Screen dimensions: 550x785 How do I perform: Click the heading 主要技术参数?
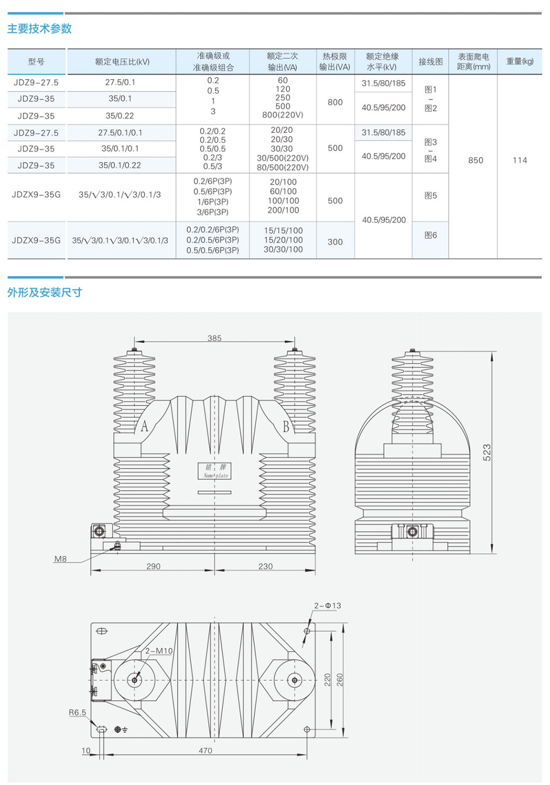click(39, 29)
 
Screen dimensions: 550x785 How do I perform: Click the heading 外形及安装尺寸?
click(45, 292)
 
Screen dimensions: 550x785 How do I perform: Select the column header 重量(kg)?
click(520, 62)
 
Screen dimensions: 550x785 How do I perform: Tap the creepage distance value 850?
click(476, 160)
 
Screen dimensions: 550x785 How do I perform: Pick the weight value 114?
click(520, 160)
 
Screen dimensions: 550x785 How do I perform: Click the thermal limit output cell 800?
click(335, 102)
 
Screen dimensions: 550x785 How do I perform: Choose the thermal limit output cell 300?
click(335, 242)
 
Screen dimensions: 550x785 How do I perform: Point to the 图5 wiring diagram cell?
click(431, 196)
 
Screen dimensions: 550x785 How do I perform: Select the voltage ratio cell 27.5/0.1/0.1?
click(120, 132)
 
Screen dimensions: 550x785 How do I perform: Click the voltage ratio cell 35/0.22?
click(119, 116)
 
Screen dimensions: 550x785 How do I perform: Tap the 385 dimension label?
click(215, 338)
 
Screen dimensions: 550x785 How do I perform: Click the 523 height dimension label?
click(487, 453)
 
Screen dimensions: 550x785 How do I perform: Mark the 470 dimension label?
click(205, 750)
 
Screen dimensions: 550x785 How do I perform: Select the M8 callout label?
click(60, 559)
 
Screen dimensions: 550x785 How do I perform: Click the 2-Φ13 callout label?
click(327, 605)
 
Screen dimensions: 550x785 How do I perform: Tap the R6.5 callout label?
click(77, 712)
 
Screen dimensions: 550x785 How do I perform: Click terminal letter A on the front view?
click(144, 426)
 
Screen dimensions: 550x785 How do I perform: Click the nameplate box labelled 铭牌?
click(215, 471)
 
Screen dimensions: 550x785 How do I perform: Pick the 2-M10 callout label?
click(159, 651)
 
